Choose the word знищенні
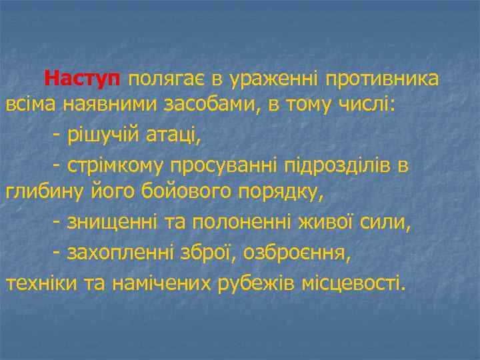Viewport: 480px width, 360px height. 110,222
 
